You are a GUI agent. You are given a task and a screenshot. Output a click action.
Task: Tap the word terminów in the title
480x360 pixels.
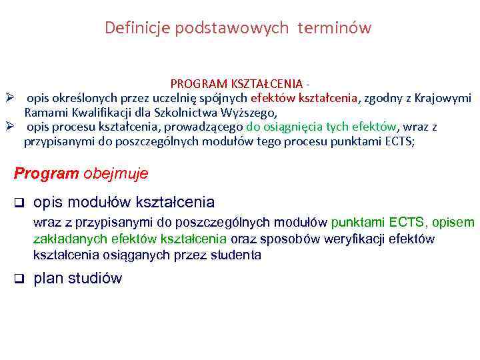[338, 28]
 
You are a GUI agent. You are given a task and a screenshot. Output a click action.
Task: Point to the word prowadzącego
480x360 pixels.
[208, 127]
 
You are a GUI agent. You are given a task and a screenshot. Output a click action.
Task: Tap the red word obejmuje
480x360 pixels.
[115, 173]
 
